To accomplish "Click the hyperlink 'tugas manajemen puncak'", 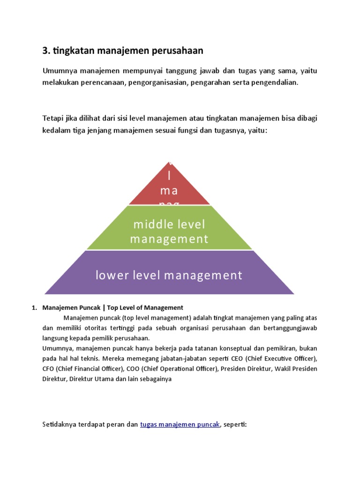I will [x=180, y=425].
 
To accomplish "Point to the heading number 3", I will [x=45, y=50].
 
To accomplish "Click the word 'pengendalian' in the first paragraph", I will [x=276, y=82].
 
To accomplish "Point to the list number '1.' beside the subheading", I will [x=34, y=308].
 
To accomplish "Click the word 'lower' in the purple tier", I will [x=111, y=275].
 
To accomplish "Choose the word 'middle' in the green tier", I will [x=150, y=225].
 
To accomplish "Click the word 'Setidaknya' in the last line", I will [x=60, y=425].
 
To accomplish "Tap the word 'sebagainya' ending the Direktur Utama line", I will [x=157, y=379].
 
